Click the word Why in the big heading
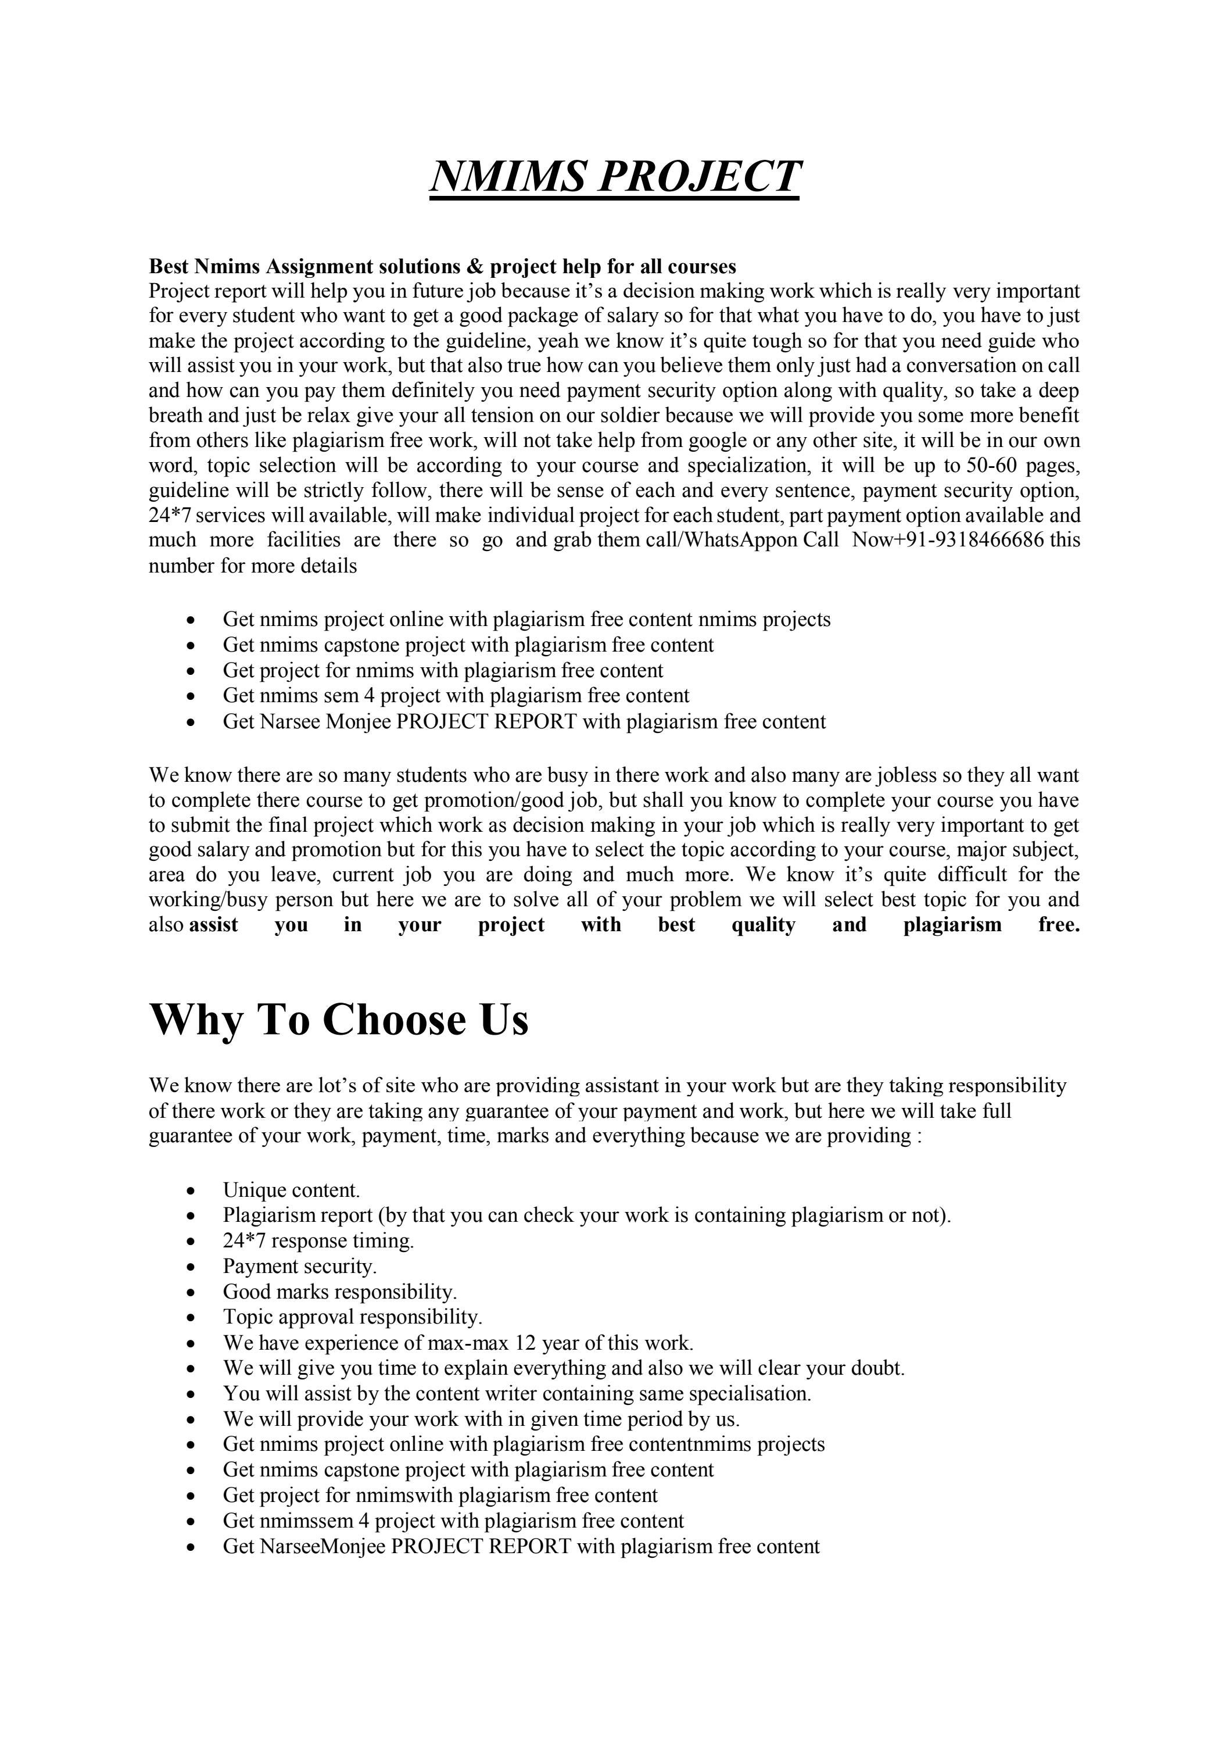tap(197, 1020)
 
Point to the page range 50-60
tap(991, 465)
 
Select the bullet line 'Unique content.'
tap(291, 1190)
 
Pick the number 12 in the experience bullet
tap(525, 1343)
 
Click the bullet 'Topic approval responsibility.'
tap(352, 1317)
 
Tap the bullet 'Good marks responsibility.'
tap(340, 1292)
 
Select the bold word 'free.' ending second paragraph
tap(1059, 925)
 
